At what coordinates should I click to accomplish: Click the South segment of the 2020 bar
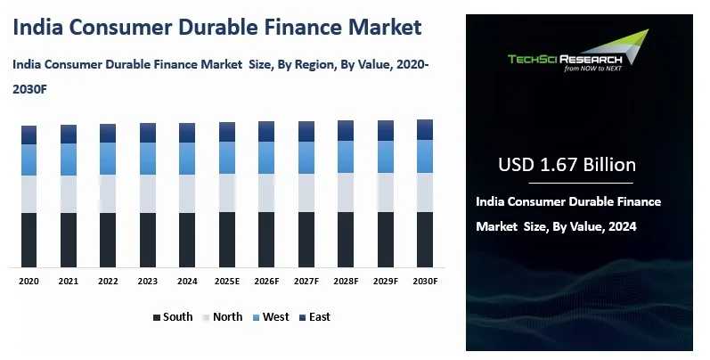(x=29, y=240)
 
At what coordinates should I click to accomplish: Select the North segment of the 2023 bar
(x=148, y=193)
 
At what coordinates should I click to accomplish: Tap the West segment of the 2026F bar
(x=266, y=157)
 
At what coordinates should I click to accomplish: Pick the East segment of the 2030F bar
(x=425, y=129)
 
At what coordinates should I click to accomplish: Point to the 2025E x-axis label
(x=227, y=281)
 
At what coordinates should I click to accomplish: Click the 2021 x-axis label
(x=69, y=281)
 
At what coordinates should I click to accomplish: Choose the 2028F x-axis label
(x=346, y=281)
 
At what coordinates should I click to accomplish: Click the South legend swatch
(x=157, y=317)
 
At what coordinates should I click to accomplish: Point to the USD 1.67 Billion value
(x=567, y=165)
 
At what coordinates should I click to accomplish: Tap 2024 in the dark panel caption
(x=622, y=227)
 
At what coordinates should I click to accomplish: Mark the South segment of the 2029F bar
(x=386, y=240)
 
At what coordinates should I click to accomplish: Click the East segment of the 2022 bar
(x=108, y=133)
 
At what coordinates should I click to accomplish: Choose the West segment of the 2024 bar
(x=187, y=158)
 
